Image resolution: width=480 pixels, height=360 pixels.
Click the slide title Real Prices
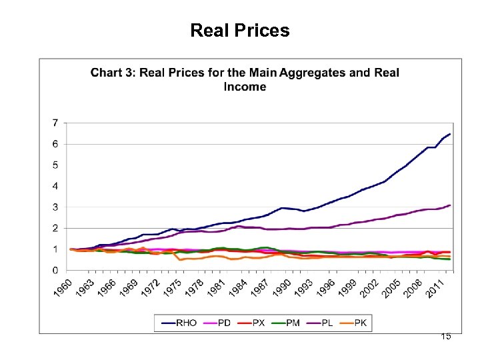click(x=239, y=31)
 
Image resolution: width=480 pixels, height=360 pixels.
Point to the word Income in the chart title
click(x=245, y=87)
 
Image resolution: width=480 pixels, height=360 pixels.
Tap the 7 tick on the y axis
click(x=55, y=123)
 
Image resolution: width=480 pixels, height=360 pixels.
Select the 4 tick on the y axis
click(x=55, y=186)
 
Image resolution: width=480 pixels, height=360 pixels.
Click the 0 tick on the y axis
click(x=55, y=270)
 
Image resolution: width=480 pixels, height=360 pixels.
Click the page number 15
click(x=445, y=336)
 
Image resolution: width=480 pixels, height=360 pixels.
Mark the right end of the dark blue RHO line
click(x=450, y=134)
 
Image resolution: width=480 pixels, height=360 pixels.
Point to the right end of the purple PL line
click(x=450, y=205)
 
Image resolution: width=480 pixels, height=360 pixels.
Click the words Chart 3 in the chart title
click(x=111, y=72)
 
